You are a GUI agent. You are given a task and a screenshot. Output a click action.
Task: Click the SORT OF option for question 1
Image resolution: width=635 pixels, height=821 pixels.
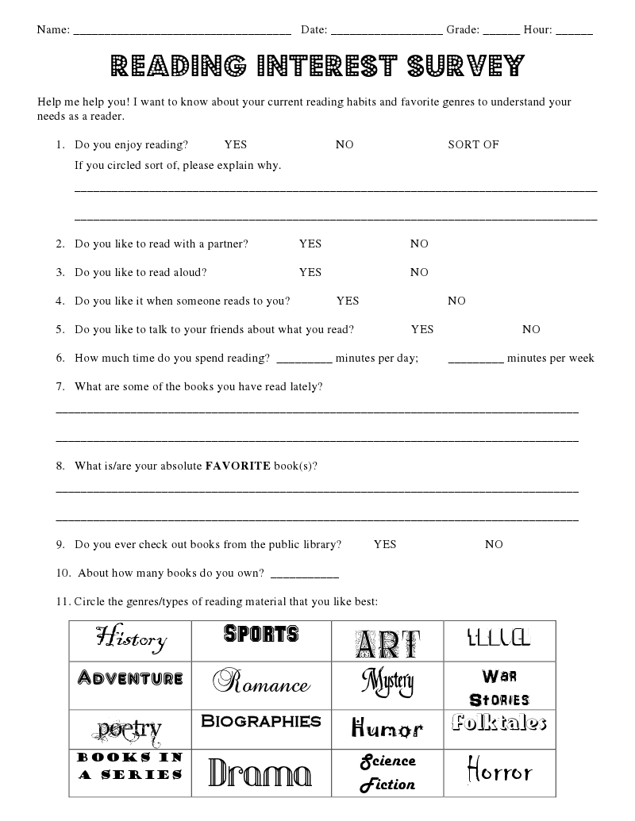[x=473, y=144]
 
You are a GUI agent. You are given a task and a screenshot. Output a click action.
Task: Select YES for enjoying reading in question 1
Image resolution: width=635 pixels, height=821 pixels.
[x=236, y=144]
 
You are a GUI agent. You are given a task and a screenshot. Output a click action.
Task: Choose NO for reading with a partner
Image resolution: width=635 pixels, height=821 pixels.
[x=419, y=244]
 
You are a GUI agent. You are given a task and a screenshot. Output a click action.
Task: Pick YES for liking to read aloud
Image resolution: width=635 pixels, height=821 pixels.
[x=310, y=272]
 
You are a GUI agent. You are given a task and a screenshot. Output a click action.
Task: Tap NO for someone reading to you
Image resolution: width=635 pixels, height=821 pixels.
[x=456, y=301]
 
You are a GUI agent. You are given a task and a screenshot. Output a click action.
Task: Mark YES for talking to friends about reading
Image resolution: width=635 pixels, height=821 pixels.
[x=422, y=329]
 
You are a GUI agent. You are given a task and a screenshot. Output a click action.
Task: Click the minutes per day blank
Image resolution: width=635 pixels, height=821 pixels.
[x=305, y=359]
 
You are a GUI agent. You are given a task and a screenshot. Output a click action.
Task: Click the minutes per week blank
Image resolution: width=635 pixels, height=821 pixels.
[x=476, y=359]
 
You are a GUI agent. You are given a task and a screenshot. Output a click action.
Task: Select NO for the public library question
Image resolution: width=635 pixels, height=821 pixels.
[x=494, y=544]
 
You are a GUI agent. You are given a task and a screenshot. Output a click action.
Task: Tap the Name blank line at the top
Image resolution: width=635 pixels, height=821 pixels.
[x=182, y=31]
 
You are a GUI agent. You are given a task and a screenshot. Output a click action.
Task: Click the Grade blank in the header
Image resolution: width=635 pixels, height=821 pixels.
[x=501, y=31]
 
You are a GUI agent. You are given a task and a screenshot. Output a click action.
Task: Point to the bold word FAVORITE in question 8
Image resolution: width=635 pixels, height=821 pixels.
[x=238, y=466]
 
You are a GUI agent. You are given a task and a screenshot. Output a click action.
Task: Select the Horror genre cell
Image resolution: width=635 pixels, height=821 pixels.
[x=499, y=771]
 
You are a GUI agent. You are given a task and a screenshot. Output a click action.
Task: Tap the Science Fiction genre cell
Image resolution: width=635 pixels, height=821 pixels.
[x=387, y=773]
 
